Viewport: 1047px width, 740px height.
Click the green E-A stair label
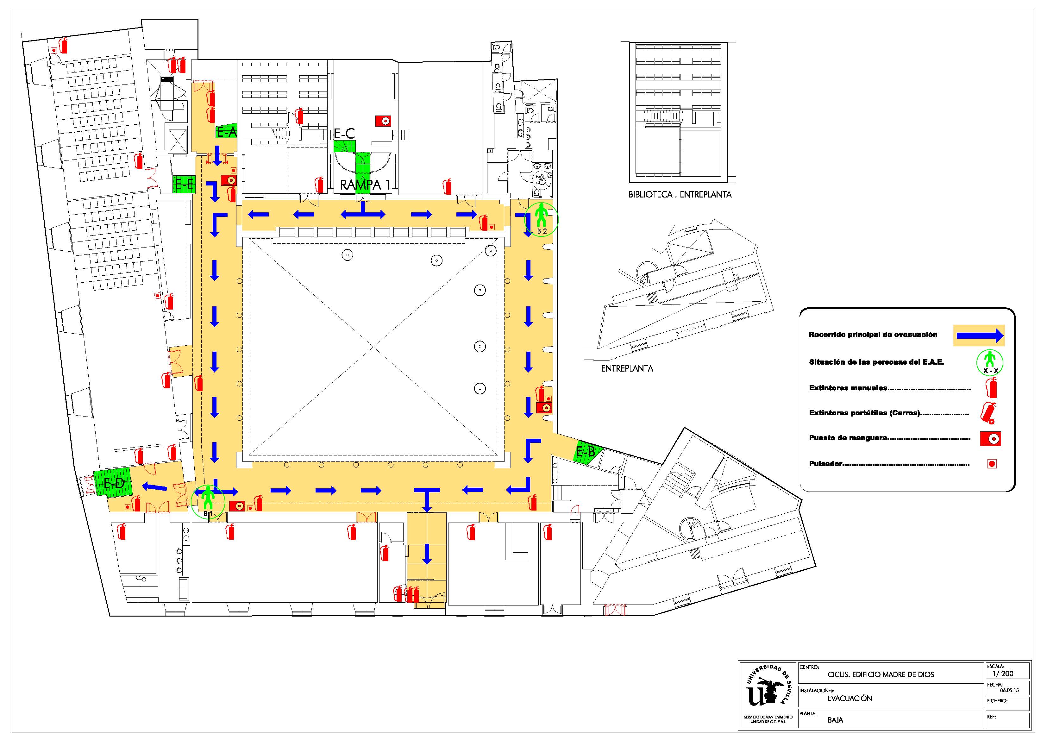[x=226, y=132]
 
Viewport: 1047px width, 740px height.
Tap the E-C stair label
[x=344, y=133]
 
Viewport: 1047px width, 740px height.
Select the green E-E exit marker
[x=184, y=184]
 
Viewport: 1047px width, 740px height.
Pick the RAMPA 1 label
[x=365, y=185]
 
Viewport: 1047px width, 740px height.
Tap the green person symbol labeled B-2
[x=541, y=219]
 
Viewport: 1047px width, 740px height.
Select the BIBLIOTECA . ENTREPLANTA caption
[x=680, y=195]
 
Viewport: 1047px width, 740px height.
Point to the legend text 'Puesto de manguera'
[x=848, y=438]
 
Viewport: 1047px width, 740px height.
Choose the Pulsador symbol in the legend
[x=992, y=464]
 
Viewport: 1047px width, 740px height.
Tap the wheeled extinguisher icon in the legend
[x=989, y=413]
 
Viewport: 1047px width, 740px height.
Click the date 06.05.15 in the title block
[x=1009, y=690]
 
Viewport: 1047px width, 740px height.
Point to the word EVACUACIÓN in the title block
[x=850, y=698]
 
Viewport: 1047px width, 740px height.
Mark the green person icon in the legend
[x=989, y=361]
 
